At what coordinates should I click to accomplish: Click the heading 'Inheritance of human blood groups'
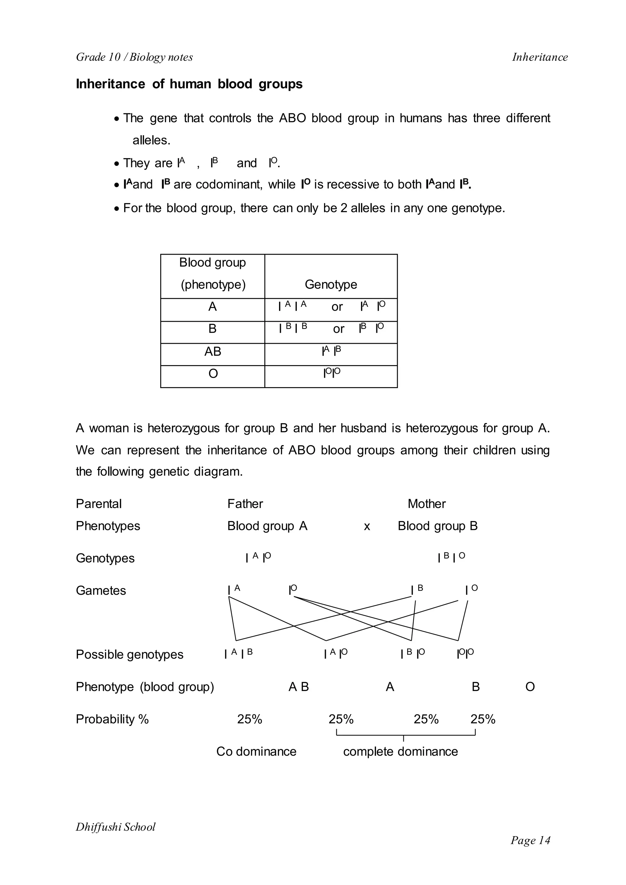tap(189, 84)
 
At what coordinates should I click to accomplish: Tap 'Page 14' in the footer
tap(530, 840)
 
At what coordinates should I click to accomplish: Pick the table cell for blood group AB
tap(212, 351)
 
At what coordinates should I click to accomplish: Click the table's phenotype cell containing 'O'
tap(213, 373)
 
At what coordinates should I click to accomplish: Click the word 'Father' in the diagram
tap(245, 504)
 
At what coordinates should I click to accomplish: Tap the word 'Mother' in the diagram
tap(426, 504)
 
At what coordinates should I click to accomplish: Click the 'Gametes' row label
tap(101, 590)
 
